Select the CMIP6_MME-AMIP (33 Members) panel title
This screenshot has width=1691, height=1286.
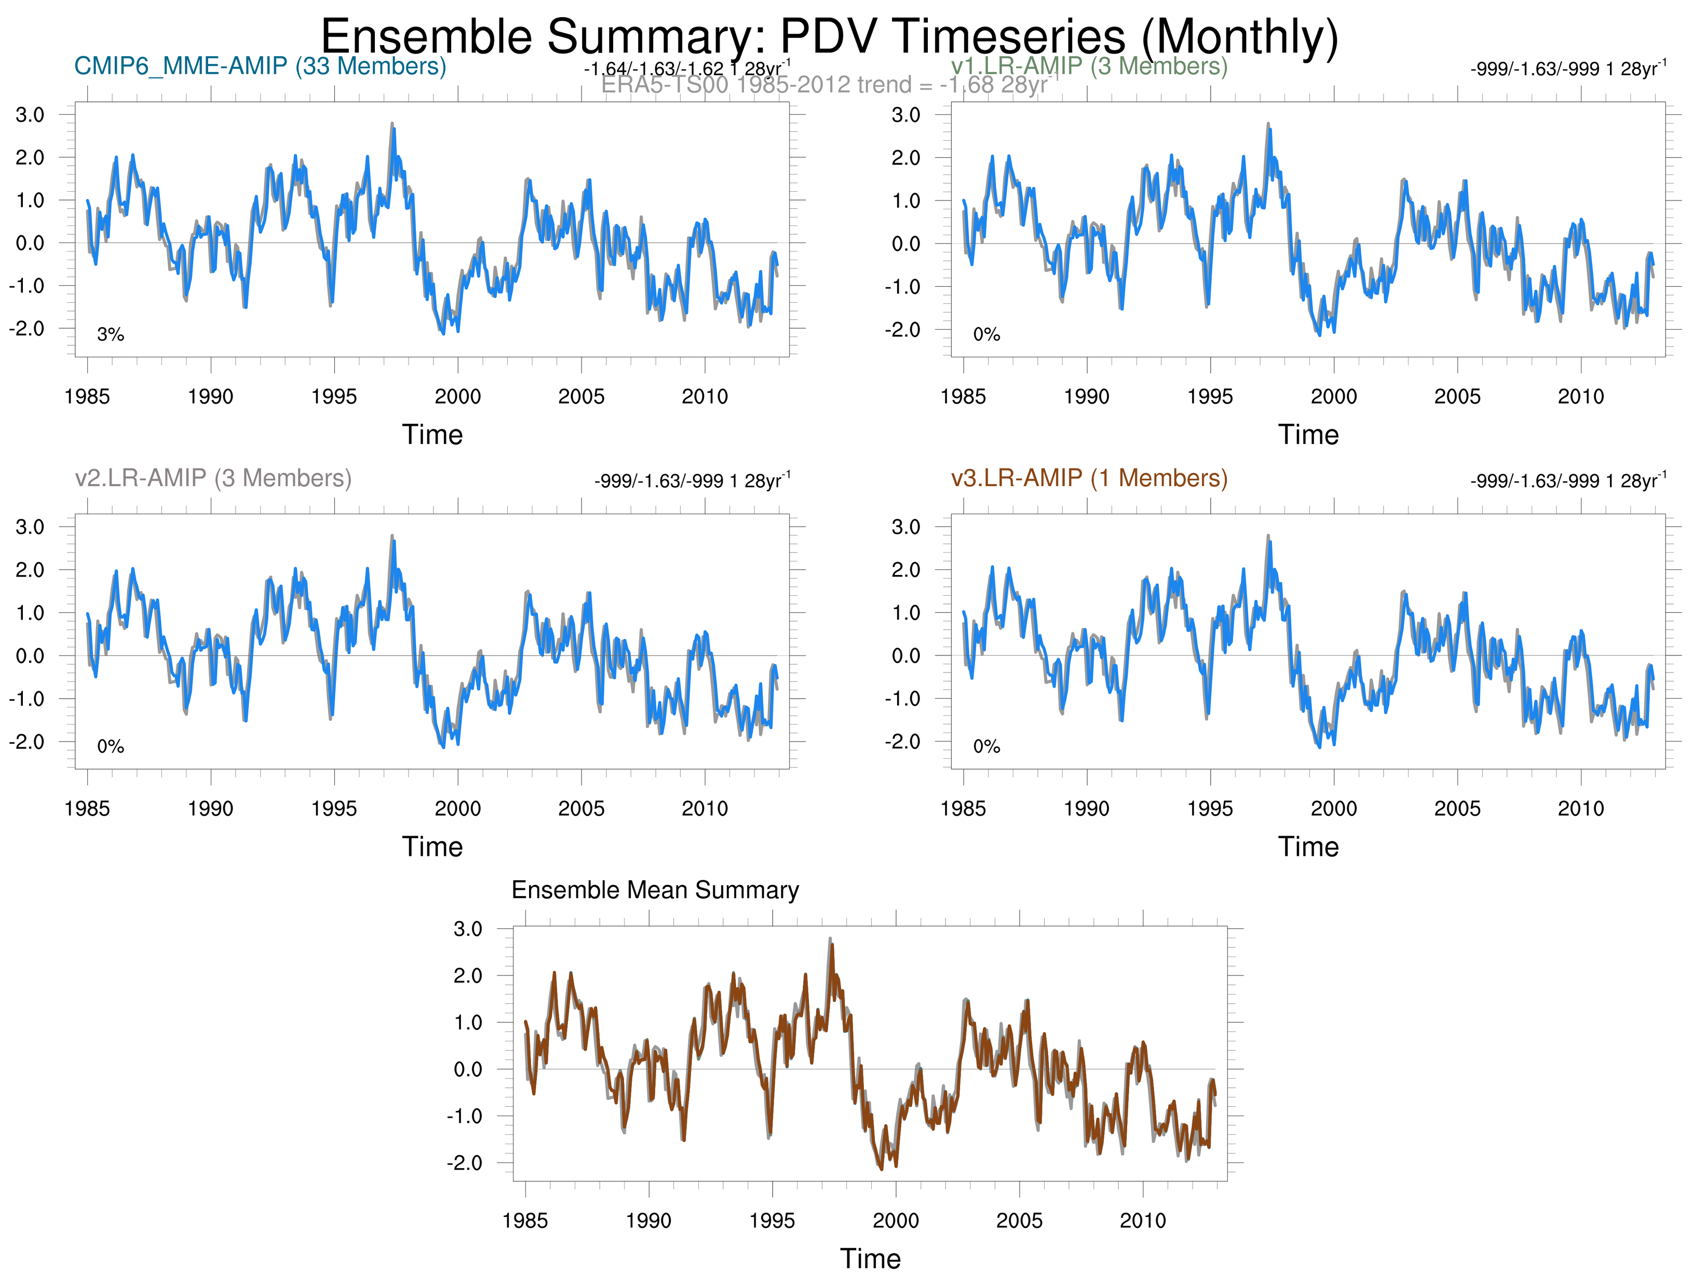click(x=260, y=66)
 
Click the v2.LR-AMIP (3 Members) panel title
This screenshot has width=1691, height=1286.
click(x=213, y=478)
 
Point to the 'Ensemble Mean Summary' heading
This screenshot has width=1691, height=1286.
click(x=655, y=890)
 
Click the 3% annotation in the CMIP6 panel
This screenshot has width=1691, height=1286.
click(x=110, y=334)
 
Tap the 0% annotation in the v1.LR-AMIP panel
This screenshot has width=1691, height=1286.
click(x=986, y=334)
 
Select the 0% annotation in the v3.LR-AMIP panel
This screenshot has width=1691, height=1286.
click(x=986, y=746)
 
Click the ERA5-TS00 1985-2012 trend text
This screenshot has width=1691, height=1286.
click(x=825, y=84)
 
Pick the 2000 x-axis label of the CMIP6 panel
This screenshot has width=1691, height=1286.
click(x=457, y=396)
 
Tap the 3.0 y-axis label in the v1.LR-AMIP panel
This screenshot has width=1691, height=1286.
click(x=906, y=115)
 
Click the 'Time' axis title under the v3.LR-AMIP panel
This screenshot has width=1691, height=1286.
click(x=1308, y=847)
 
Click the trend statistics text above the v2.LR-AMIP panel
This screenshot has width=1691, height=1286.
click(x=692, y=481)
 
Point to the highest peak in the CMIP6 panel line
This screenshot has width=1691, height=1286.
click(x=393, y=125)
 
